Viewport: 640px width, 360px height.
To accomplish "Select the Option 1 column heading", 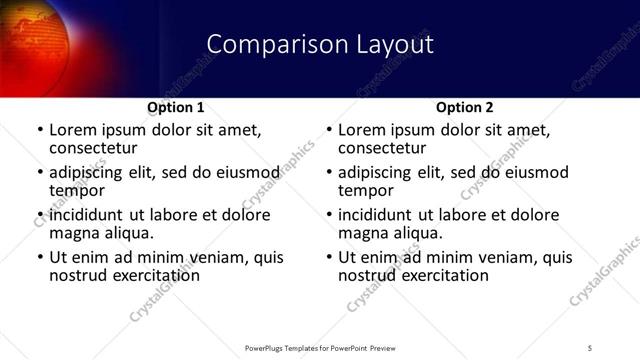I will [x=176, y=107].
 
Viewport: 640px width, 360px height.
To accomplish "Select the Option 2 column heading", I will [x=465, y=107].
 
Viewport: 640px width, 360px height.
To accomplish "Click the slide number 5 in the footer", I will [x=590, y=347].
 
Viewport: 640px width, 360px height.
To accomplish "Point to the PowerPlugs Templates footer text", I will [x=319, y=347].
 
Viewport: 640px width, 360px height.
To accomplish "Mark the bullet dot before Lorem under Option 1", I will [x=39, y=131].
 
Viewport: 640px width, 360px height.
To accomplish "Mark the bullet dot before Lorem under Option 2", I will [x=328, y=131].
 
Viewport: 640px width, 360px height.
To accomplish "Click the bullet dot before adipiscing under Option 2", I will [x=328, y=173].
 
